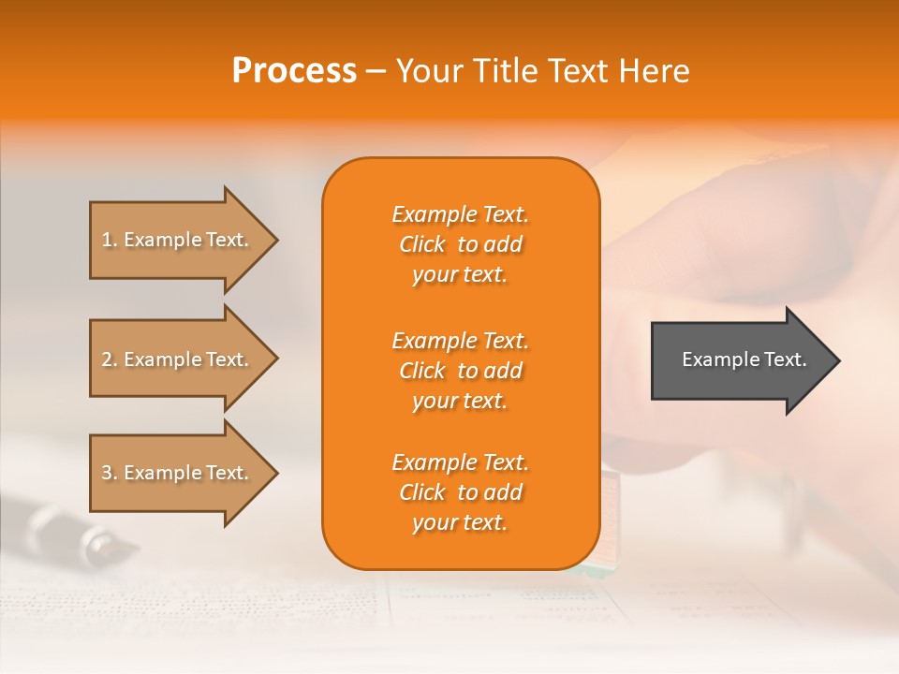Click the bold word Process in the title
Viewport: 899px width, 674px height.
294,71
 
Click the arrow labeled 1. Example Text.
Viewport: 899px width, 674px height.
178,240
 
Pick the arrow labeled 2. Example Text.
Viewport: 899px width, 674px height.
178,359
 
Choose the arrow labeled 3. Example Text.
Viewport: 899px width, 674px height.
178,473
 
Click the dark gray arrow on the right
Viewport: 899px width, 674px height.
740,359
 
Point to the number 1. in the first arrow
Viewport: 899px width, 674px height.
110,240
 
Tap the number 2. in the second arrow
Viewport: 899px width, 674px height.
110,359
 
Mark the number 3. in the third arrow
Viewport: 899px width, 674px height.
110,473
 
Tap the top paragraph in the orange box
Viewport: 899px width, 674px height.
460,244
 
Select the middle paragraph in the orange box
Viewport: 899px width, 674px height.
460,371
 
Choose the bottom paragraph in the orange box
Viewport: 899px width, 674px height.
460,492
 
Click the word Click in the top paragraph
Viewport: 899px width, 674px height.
422,244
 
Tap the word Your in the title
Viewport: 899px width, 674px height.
427,71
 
